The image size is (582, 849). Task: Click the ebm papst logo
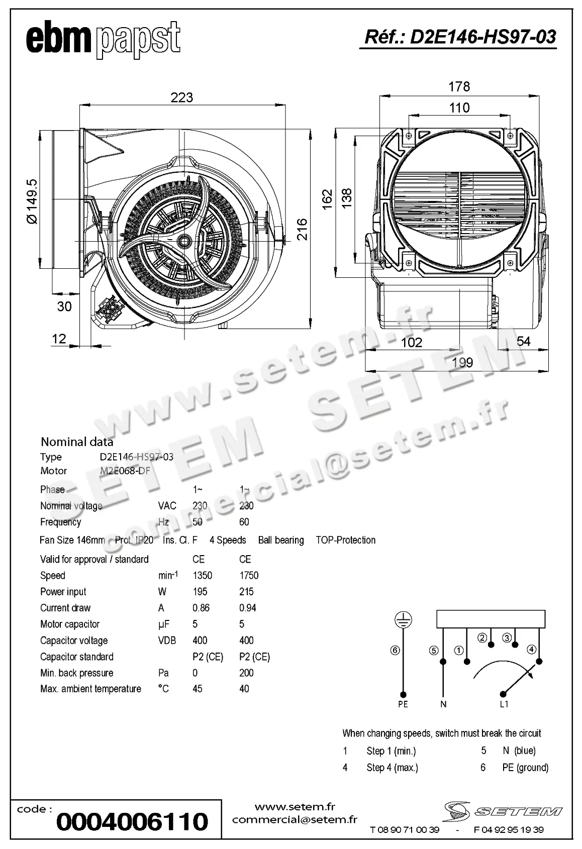(103, 40)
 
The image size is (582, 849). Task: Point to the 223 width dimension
(181, 97)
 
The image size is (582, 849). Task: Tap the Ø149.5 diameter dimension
(31, 201)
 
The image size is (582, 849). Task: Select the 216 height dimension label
(302, 229)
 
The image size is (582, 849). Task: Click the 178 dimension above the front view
(459, 86)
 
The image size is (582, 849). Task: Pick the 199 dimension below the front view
(462, 362)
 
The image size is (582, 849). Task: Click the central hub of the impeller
(184, 241)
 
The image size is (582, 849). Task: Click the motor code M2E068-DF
(125, 471)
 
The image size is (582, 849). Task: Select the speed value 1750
(249, 575)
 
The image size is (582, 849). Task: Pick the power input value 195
(200, 592)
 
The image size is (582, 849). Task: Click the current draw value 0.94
(248, 608)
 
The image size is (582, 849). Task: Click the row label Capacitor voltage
(74, 641)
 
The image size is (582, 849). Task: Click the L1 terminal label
(504, 704)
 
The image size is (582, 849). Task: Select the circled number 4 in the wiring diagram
(531, 650)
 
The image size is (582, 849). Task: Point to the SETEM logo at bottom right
(503, 810)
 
